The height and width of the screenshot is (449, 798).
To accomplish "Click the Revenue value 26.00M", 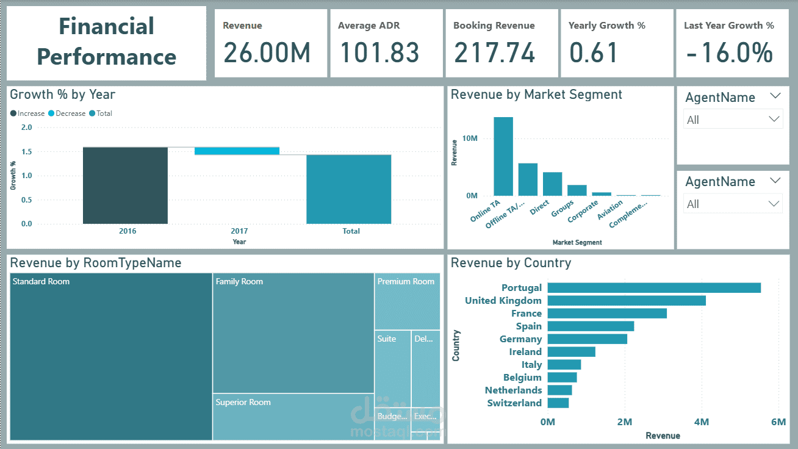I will [267, 52].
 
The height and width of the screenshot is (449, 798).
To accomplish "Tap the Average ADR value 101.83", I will [379, 52].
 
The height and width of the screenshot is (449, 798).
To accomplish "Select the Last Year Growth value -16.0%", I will [729, 52].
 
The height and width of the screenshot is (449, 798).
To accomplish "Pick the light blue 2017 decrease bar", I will [237, 151].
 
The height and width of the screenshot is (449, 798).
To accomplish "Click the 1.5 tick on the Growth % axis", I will [26, 152].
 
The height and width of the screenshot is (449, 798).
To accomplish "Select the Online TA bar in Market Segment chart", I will [503, 156].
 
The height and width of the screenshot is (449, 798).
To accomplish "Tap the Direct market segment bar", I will [552, 183].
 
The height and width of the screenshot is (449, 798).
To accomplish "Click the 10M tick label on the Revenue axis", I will [470, 138].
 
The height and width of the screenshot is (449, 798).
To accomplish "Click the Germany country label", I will [520, 339].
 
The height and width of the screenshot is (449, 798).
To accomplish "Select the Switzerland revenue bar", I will [558, 403].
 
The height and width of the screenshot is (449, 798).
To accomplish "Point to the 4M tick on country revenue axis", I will [702, 422].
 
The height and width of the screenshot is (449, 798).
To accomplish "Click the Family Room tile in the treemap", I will [293, 332].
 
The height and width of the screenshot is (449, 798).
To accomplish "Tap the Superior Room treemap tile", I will [293, 417].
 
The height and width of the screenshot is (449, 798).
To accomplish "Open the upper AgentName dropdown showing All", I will [733, 120].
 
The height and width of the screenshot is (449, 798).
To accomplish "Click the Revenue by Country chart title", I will [511, 263].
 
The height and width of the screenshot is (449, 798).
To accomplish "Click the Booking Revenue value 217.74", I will [494, 52].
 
